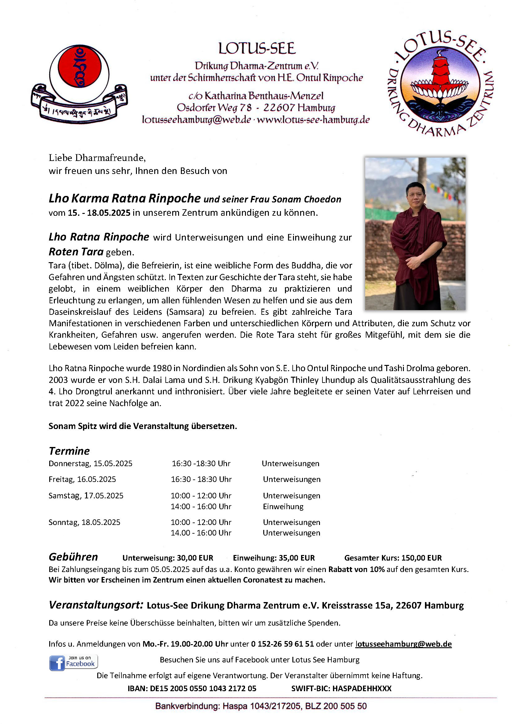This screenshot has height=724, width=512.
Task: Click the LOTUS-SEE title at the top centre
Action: pyautogui.click(x=257, y=48)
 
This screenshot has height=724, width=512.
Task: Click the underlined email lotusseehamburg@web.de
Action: pyautogui.click(x=404, y=644)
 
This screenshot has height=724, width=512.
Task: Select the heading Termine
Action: pyautogui.click(x=69, y=451)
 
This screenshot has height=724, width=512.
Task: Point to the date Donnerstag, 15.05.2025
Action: pyautogui.click(x=90, y=463)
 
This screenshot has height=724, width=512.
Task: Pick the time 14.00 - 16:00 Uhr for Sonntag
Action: pyautogui.click(x=201, y=533)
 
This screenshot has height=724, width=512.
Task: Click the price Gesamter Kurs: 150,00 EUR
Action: pyautogui.click(x=393, y=557)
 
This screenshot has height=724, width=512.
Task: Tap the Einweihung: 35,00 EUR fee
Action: pyautogui.click(x=274, y=557)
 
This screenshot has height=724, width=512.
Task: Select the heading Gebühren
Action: pyautogui.click(x=73, y=557)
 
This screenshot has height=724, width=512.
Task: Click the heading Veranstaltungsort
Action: pyautogui.click(x=96, y=605)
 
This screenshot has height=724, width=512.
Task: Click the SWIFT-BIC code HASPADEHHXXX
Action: pyautogui.click(x=361, y=688)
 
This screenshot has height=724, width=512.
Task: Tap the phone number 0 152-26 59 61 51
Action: pyautogui.click(x=282, y=644)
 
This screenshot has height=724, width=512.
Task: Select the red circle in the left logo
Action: pyautogui.click(x=80, y=67)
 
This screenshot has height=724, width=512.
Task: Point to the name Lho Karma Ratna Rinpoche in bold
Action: pyautogui.click(x=125, y=198)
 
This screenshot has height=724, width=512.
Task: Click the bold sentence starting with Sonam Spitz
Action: pyautogui.click(x=142, y=426)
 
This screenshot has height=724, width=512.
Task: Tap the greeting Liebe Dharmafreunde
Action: pyautogui.click(x=97, y=157)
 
